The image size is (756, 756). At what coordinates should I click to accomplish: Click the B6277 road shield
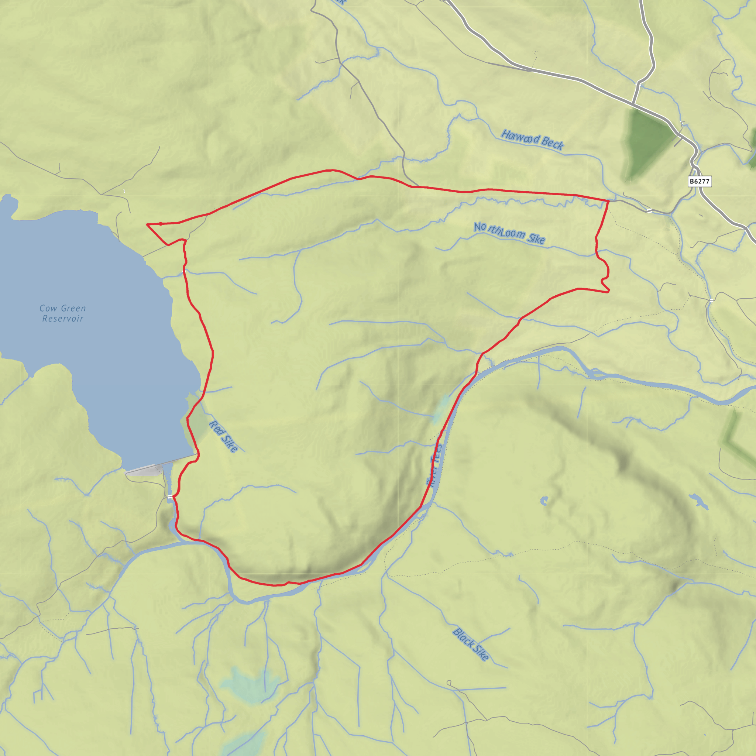[x=699, y=181]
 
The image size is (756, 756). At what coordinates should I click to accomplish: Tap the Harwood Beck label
[x=532, y=140]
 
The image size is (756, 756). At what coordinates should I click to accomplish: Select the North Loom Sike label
[x=509, y=233]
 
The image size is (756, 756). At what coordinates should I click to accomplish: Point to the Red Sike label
[x=223, y=436]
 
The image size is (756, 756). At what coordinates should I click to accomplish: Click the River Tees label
[x=434, y=465]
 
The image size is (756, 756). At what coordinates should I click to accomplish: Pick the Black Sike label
[x=471, y=645]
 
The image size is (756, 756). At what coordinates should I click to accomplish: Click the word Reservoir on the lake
[x=63, y=319]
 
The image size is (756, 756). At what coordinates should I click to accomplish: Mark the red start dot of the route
[x=161, y=224]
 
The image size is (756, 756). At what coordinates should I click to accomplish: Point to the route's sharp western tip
[x=147, y=224]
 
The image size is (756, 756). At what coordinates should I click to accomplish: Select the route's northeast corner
[x=608, y=201]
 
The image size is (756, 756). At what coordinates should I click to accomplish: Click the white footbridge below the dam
[x=170, y=496]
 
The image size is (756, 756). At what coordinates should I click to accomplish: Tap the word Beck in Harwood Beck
[x=553, y=143]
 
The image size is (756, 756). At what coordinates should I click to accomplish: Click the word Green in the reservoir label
[x=73, y=308]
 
